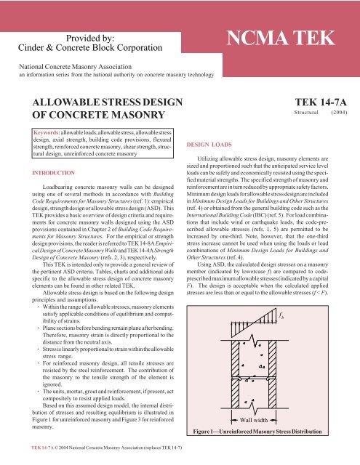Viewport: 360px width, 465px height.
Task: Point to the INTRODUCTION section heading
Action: (47, 173)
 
